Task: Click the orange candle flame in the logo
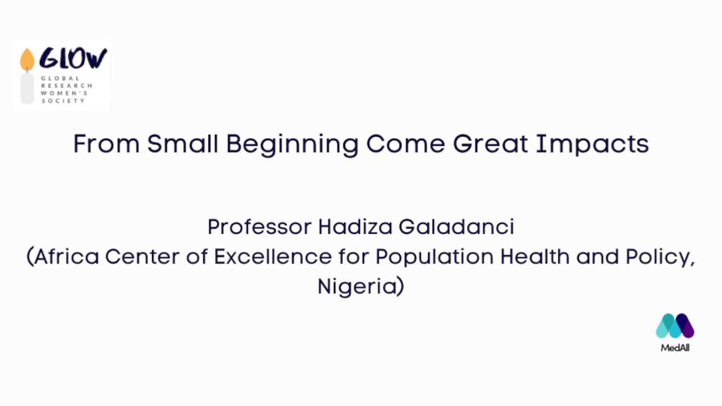27,59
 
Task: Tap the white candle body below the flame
27,89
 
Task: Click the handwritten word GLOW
73,59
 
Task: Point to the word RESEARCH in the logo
67,86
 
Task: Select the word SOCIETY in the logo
63,100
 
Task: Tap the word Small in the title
182,144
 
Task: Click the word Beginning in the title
293,145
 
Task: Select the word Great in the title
490,144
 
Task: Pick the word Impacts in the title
593,145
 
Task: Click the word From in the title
106,144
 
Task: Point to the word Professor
259,227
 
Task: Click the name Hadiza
356,227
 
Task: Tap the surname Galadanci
457,227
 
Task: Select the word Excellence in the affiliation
272,256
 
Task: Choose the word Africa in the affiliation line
66,256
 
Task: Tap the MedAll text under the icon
675,348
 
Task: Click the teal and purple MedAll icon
675,326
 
